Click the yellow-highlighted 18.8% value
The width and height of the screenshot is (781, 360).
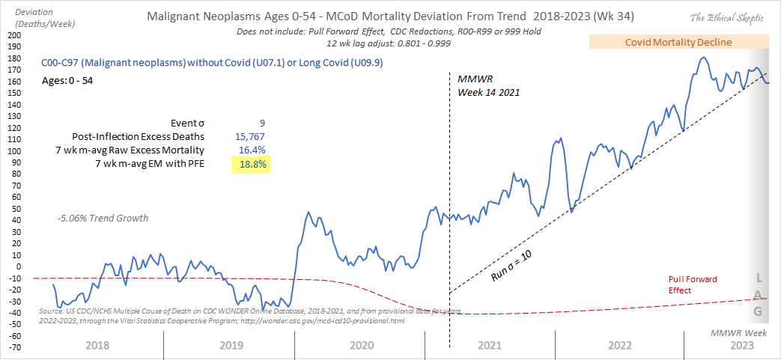coord(250,163)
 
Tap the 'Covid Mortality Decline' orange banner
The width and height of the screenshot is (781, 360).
coord(678,42)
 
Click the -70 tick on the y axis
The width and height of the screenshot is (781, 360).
coord(14,347)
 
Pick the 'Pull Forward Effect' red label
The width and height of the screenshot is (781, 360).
coord(692,284)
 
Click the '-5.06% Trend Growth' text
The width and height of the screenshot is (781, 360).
coord(102,218)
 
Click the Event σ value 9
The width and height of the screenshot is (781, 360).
coord(262,123)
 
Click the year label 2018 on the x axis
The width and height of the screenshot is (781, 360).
coord(98,345)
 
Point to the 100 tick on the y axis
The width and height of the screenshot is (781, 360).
coord(14,151)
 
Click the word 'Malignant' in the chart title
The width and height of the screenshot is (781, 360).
coord(177,16)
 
